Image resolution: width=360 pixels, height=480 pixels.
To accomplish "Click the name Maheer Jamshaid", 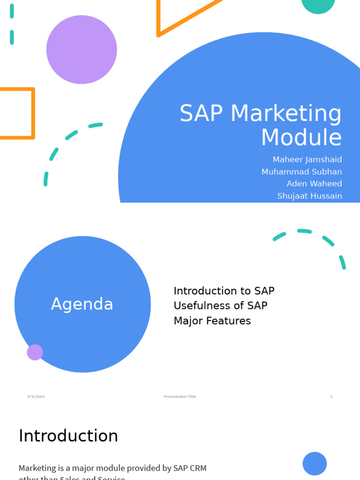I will (307, 160).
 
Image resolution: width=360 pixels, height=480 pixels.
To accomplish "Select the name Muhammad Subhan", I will (301, 172).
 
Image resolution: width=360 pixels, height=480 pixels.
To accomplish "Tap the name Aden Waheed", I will (314, 184).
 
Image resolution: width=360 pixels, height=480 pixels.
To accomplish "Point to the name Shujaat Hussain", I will (309, 196).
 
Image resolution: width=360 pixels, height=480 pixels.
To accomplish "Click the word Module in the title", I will (301, 138).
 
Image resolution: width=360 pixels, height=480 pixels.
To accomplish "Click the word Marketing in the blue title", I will (286, 114).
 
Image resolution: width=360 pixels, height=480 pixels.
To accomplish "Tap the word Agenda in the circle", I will (82, 304).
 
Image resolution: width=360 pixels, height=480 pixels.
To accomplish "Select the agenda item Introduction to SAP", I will (224, 291).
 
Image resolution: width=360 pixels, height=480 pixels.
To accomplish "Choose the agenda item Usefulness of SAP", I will (220, 306).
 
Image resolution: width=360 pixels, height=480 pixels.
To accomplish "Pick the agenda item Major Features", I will (212, 321).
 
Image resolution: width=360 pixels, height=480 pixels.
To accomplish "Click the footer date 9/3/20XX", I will (36, 397).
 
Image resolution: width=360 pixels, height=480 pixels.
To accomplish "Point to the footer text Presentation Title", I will (180, 397).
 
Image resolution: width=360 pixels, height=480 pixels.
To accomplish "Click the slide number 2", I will (331, 397).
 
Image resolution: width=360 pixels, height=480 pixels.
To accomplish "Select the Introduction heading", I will (68, 436).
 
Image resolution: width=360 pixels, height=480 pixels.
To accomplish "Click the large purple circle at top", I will (82, 50).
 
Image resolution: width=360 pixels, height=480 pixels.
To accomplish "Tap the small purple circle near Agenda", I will (35, 352).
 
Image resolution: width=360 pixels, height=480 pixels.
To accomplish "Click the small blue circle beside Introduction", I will (315, 464).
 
